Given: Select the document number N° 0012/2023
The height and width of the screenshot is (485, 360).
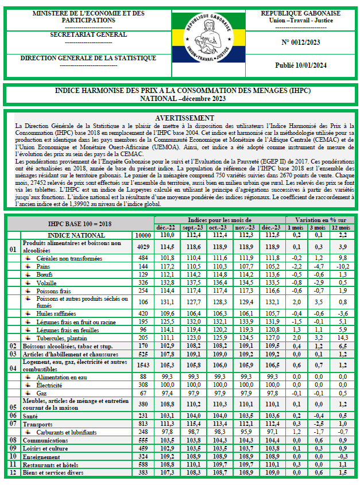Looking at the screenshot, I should tap(300, 42).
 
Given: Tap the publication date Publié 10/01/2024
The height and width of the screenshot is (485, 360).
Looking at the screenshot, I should tap(300, 66).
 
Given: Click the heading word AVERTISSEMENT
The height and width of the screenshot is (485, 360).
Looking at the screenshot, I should tap(181, 118).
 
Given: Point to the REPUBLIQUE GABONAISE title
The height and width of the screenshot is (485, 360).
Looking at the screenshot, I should tap(300, 13).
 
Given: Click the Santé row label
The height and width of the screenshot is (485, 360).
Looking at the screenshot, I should tap(32, 415).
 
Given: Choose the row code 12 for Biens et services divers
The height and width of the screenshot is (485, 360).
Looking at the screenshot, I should tap(13, 472).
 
